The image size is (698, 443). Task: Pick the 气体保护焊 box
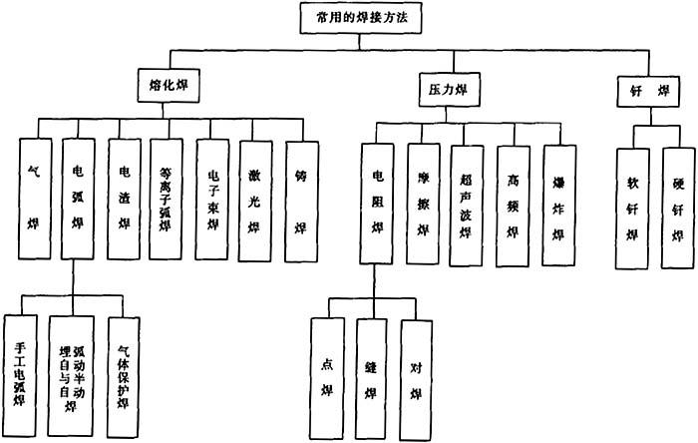(125, 374)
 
